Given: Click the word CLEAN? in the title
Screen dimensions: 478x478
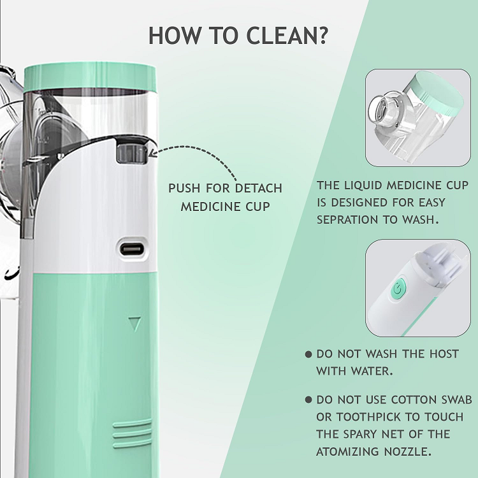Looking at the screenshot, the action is coord(287,36).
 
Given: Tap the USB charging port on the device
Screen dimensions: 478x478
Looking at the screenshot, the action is coord(132,249).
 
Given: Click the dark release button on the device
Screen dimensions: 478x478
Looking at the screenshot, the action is coord(132,154).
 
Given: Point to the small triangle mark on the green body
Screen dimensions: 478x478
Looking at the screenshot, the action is coord(134,324).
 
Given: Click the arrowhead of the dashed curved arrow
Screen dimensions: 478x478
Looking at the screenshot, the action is coord(152,154).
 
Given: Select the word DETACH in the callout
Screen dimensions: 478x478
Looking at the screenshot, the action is coord(259,188).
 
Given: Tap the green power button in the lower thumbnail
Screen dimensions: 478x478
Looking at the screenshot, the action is coord(397,289).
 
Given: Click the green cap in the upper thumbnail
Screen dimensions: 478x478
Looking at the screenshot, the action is coord(437,91).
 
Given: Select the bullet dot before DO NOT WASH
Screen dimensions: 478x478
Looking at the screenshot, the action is coord(308,354).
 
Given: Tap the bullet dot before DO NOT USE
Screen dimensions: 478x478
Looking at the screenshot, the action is coord(308,400).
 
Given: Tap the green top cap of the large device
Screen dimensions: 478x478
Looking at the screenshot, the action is coord(90,76).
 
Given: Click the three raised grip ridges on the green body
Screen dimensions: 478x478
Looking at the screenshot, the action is coord(132,433).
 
